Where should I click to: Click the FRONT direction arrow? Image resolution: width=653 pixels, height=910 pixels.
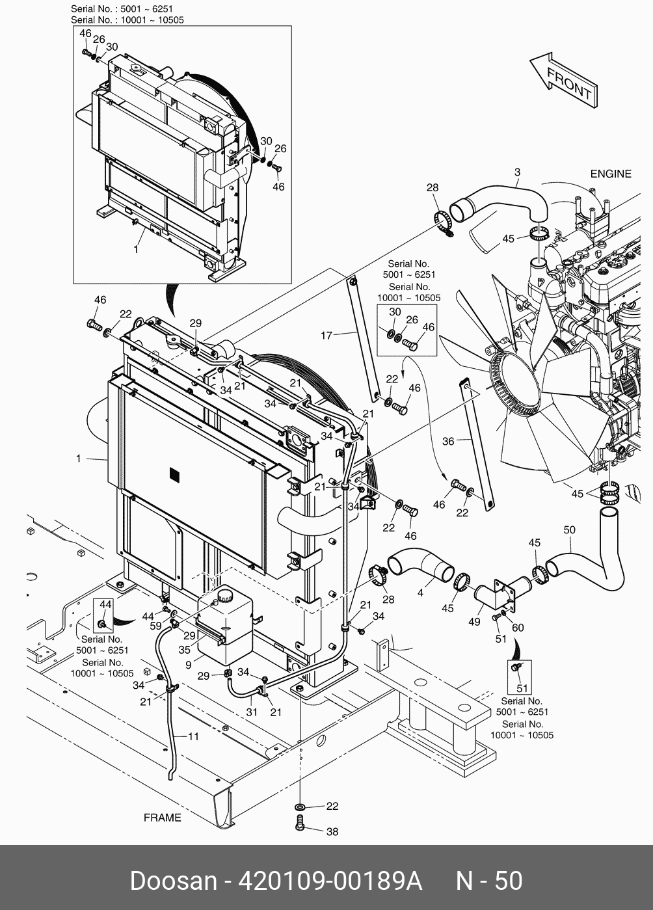tap(564, 80)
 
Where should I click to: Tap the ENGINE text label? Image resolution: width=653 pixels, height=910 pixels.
tap(610, 174)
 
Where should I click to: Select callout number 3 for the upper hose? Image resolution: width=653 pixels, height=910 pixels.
tap(517, 172)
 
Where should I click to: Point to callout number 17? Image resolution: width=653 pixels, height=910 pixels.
tap(326, 335)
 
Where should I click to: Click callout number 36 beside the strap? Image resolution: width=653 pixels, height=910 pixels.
tap(448, 441)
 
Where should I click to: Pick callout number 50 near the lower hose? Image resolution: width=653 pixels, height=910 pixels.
tap(569, 529)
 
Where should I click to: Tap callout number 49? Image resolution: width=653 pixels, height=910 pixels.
tap(474, 622)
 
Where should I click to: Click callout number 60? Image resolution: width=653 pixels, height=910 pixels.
tap(518, 628)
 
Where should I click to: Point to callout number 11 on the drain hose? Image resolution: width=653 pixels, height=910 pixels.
tap(193, 736)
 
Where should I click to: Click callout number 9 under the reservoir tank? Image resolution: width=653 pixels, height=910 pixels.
tap(189, 665)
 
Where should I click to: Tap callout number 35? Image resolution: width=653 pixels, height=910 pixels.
tap(184, 650)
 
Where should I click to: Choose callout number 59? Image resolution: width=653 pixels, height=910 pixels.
tap(155, 626)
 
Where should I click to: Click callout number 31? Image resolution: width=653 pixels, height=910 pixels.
tap(252, 712)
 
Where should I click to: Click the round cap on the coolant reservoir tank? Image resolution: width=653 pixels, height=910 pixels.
tap(224, 595)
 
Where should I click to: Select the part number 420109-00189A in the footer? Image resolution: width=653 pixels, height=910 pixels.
tap(330, 881)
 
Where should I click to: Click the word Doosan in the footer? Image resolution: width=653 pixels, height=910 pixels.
tap(174, 881)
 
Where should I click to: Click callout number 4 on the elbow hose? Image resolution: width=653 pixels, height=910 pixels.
tap(420, 593)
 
